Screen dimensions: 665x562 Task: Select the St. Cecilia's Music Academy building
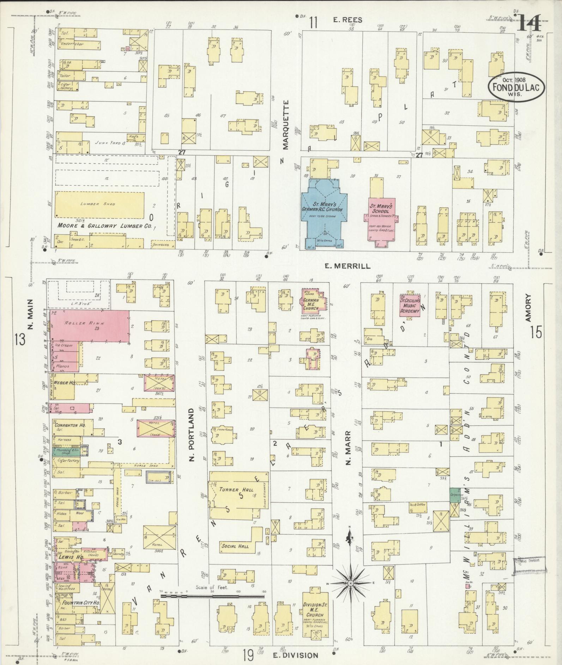[410, 303]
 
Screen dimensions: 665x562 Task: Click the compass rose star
[350, 584]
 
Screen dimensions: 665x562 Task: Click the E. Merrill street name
[348, 266]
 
